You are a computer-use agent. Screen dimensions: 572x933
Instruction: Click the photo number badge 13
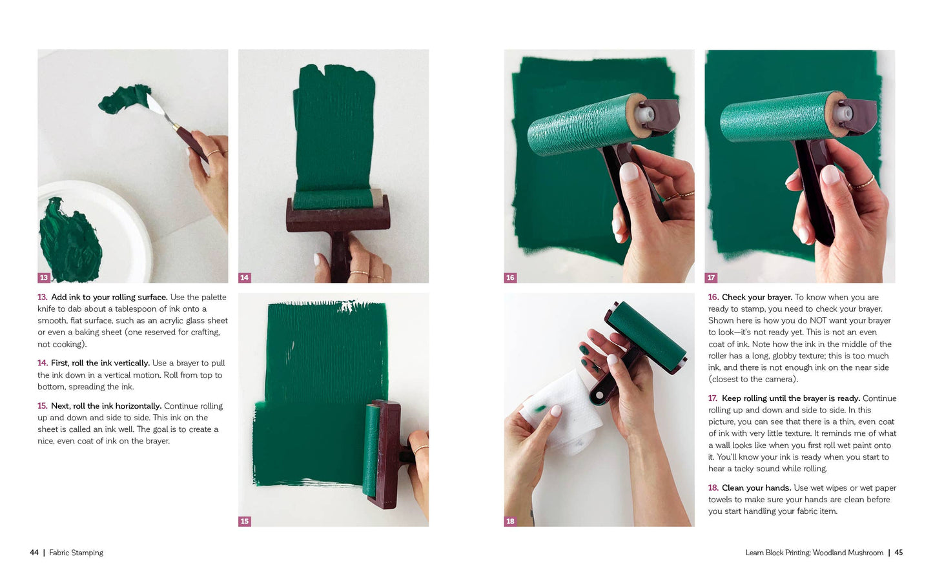(x=44, y=278)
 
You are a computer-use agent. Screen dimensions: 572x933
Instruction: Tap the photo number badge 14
(x=244, y=278)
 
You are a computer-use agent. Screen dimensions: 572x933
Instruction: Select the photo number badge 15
(x=244, y=521)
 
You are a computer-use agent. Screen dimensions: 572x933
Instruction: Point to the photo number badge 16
(x=510, y=278)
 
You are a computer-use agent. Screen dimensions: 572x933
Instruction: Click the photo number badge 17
(x=711, y=278)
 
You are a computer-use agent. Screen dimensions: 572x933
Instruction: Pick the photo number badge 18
(x=510, y=521)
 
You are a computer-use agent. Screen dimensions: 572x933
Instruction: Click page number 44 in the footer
(x=34, y=553)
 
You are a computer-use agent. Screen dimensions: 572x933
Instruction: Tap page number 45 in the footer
(x=898, y=553)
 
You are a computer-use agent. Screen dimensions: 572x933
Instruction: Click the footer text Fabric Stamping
(x=76, y=553)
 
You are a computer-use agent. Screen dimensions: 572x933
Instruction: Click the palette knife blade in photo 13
(x=157, y=108)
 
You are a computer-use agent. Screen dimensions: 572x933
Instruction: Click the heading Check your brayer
(x=757, y=298)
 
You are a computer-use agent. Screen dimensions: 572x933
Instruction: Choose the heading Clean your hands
(x=756, y=488)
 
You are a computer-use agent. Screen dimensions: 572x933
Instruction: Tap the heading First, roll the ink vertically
(x=100, y=363)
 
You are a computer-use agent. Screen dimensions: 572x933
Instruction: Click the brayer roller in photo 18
(x=649, y=336)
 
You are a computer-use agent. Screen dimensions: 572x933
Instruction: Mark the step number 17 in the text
(x=713, y=398)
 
